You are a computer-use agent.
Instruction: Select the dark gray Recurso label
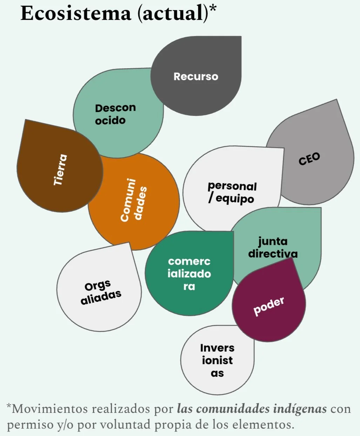point(196,76)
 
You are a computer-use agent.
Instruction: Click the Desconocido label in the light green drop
point(115,114)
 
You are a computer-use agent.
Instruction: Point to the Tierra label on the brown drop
point(60,169)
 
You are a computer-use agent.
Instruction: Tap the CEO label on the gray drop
point(309,159)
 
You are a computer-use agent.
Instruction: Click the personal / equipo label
point(232,192)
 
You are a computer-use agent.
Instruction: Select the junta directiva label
point(273,247)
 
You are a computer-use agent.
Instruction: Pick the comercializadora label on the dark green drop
point(189,274)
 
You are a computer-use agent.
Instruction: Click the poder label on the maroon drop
point(269,306)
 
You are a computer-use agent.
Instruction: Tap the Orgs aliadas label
point(100,292)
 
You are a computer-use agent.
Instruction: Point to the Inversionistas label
point(217,360)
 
